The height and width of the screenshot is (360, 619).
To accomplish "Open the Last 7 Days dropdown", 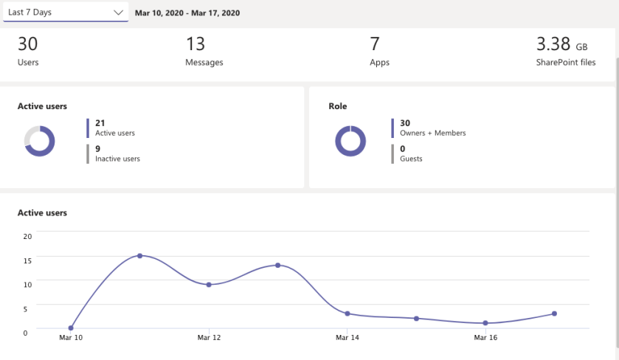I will pyautogui.click(x=65, y=12).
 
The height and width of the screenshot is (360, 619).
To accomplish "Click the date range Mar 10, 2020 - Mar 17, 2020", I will pyautogui.click(x=187, y=13).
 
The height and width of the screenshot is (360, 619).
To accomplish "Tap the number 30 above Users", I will pyautogui.click(x=27, y=44).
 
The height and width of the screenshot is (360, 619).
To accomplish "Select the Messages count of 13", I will pyautogui.click(x=196, y=44).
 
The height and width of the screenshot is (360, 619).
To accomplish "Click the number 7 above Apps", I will pyautogui.click(x=375, y=44).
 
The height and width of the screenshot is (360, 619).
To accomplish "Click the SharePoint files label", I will pyautogui.click(x=566, y=63).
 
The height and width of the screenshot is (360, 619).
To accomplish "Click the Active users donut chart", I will pyautogui.click(x=40, y=141).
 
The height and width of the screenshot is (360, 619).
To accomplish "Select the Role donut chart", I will pyautogui.click(x=350, y=141).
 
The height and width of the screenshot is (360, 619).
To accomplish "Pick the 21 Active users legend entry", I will pyautogui.click(x=114, y=128).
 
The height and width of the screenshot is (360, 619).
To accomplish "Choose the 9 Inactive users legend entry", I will pyautogui.click(x=117, y=153).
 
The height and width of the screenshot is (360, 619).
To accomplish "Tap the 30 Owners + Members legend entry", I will pyautogui.click(x=432, y=128).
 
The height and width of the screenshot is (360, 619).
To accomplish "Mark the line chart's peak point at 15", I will pyautogui.click(x=139, y=256).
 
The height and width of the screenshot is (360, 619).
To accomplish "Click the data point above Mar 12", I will pyautogui.click(x=209, y=285).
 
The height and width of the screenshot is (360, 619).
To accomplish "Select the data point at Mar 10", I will pyautogui.click(x=71, y=328).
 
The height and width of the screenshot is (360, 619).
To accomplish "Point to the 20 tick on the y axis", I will pyautogui.click(x=27, y=236).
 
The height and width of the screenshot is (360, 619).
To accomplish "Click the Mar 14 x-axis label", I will pyautogui.click(x=347, y=338).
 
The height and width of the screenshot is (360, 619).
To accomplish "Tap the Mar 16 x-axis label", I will pyautogui.click(x=485, y=338).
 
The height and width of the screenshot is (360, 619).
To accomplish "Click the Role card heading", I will pyautogui.click(x=338, y=106).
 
